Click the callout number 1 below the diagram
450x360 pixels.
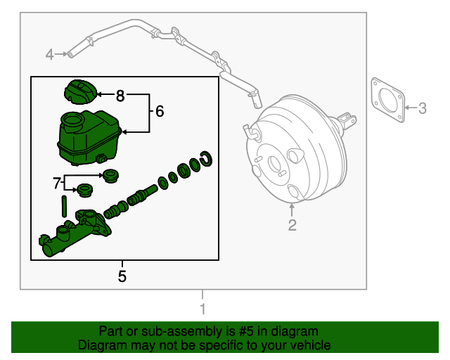(202, 309)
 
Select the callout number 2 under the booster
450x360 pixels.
(292, 225)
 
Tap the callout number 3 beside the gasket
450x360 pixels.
(422, 108)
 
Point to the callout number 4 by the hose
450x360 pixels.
(50, 53)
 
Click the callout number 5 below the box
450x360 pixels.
(122, 276)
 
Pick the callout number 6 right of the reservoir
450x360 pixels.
(159, 111)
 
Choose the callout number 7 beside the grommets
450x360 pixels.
(58, 183)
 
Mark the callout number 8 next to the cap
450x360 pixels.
(120, 94)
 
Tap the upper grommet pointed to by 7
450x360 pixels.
(110, 175)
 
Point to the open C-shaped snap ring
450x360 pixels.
(206, 160)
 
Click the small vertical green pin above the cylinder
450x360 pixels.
(64, 207)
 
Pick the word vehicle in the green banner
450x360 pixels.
(309, 345)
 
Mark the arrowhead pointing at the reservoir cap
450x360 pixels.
(100, 94)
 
